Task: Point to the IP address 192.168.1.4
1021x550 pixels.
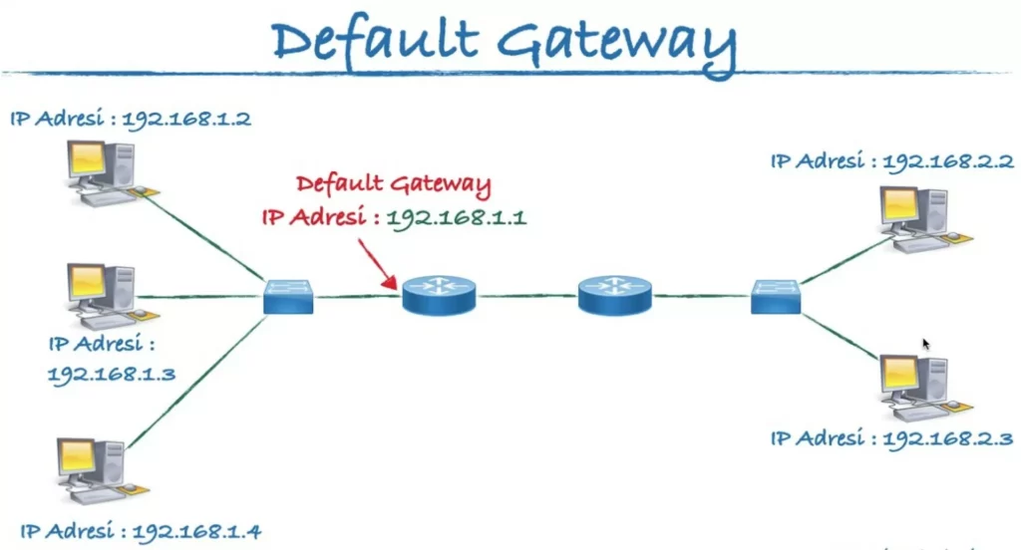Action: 196,531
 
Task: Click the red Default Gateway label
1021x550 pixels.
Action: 393,183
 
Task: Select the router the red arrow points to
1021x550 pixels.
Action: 440,296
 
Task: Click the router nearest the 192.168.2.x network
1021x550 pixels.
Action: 614,296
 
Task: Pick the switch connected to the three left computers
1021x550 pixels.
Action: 289,296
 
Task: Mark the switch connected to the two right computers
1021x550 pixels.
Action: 776,296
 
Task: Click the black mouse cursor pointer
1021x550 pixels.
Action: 926,344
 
